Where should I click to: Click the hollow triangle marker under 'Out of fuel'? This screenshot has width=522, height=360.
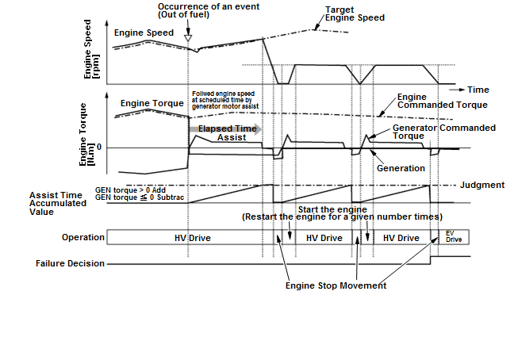click(187, 37)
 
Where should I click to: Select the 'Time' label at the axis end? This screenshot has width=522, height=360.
click(478, 90)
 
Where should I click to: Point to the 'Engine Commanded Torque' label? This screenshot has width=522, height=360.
click(443, 100)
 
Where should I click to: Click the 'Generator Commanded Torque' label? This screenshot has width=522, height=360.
click(443, 131)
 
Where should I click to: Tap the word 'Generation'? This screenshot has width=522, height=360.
click(401, 168)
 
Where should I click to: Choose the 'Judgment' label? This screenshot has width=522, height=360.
click(482, 186)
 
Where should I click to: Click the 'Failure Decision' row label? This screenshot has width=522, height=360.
click(70, 263)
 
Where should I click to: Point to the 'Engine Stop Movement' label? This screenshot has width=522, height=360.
click(336, 285)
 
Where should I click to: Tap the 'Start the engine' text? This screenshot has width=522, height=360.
click(332, 209)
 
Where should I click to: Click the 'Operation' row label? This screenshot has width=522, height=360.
click(83, 238)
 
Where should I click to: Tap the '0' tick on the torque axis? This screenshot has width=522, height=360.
click(98, 147)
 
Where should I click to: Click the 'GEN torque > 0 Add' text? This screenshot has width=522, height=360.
click(132, 191)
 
